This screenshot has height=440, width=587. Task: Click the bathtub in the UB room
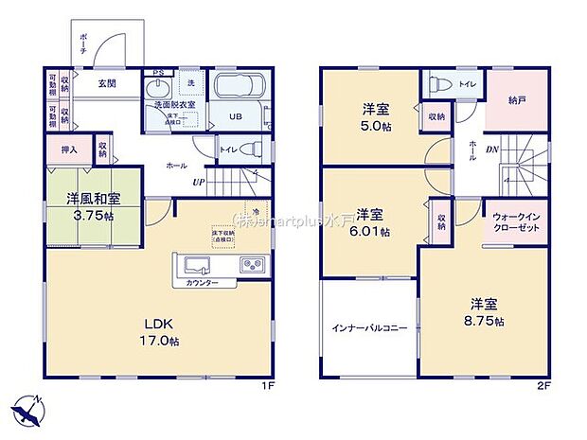pyautogui.click(x=237, y=88)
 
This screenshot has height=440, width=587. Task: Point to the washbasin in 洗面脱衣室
pyautogui.click(x=158, y=90)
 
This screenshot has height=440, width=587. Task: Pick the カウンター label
pyautogui.click(x=202, y=283)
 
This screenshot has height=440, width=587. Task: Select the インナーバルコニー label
pyautogui.click(x=369, y=328)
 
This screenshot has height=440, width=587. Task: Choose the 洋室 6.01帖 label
pyautogui.click(x=372, y=221)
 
